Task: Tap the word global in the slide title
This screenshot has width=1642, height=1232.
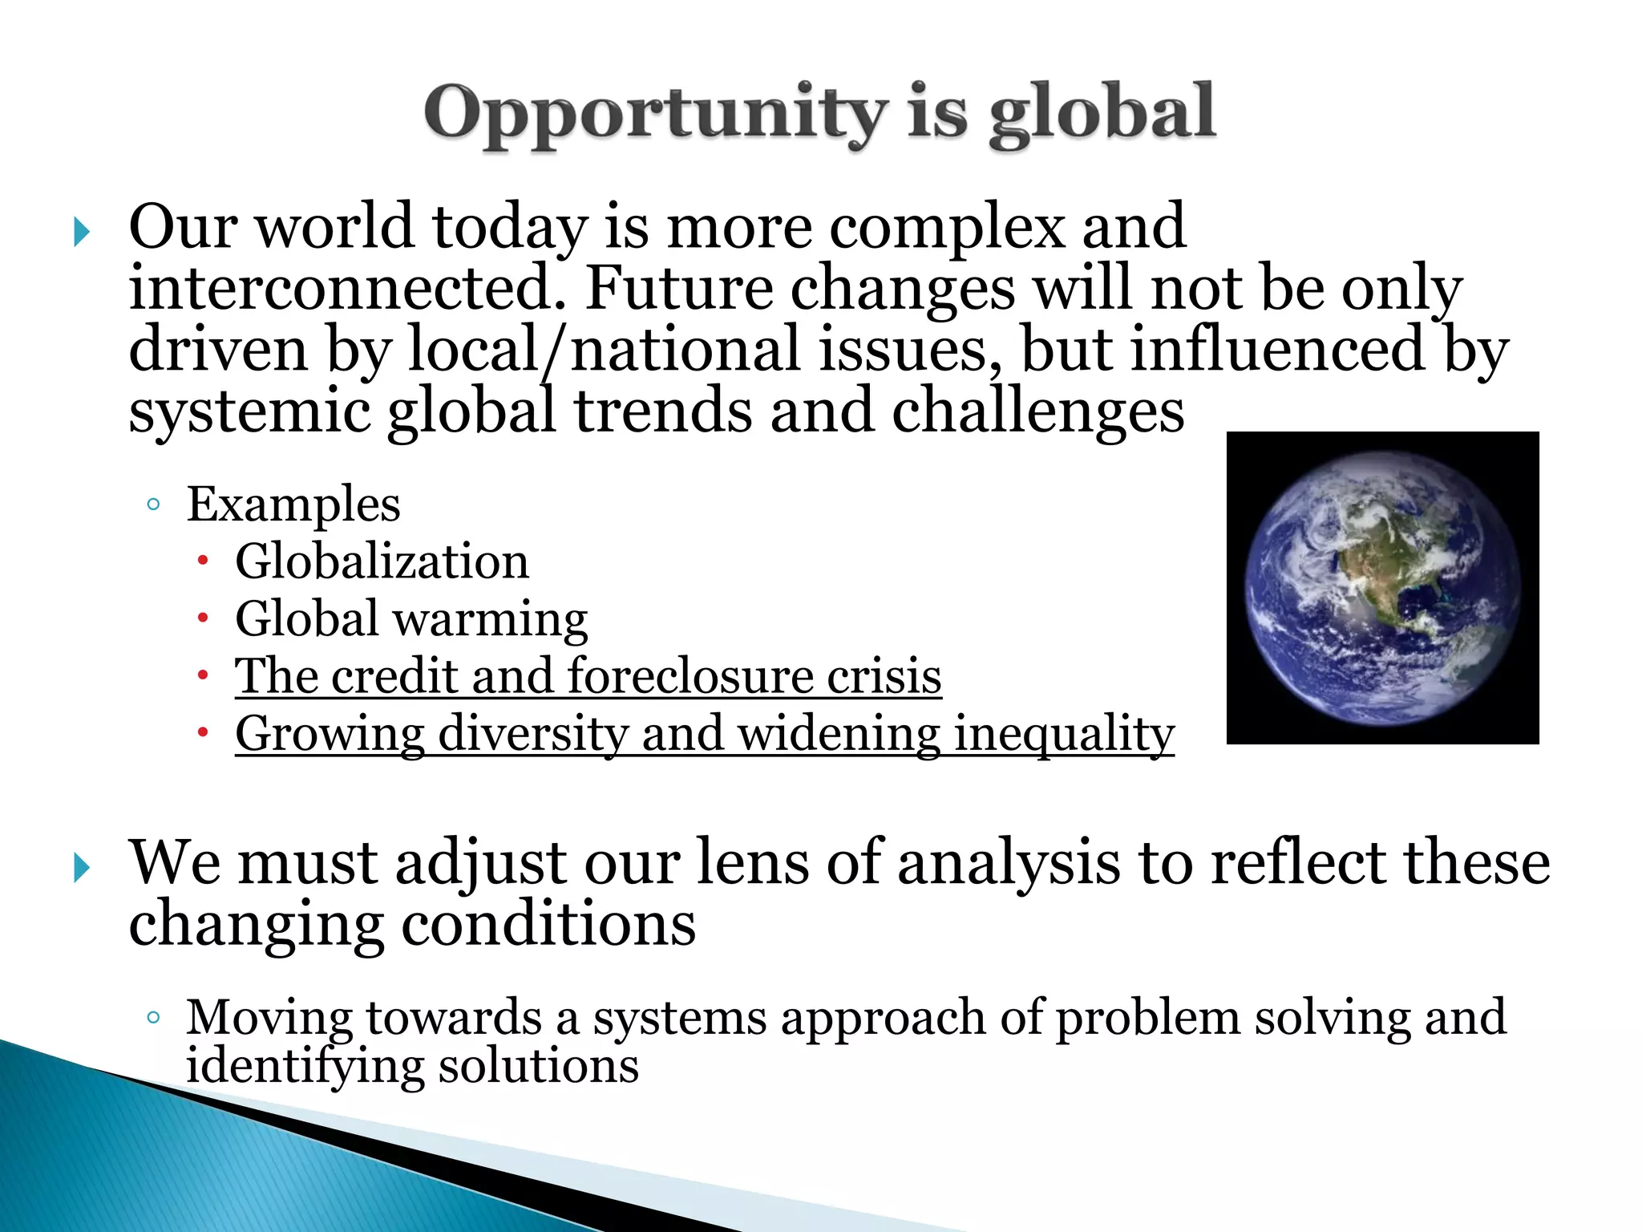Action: [1102, 113]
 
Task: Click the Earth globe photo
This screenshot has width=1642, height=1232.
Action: [1382, 587]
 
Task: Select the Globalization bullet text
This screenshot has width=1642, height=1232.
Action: [382, 561]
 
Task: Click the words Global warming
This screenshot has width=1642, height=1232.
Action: [411, 618]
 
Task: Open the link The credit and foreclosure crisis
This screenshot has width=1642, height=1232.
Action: [588, 675]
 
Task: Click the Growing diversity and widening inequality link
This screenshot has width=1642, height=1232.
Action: [704, 733]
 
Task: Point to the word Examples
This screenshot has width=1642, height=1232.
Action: [293, 505]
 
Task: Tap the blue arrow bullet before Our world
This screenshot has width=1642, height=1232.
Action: [81, 233]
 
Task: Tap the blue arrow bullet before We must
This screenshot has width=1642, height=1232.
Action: [81, 868]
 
